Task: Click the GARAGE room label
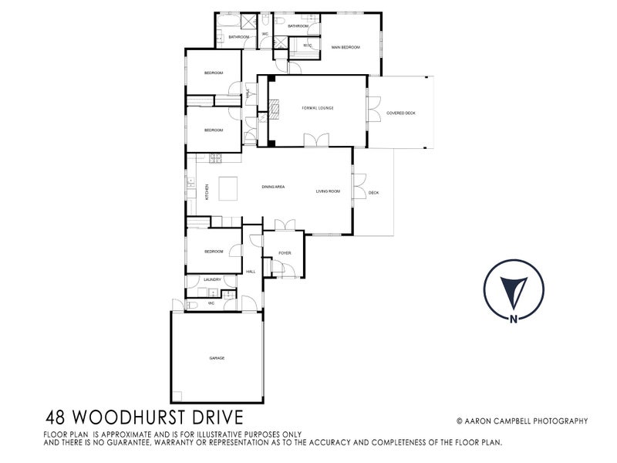[216, 358]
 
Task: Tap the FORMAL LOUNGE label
[317, 109]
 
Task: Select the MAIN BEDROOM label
[346, 48]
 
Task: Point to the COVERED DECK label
[401, 113]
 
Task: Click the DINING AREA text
[274, 188]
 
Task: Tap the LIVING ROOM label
[328, 191]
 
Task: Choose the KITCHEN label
[207, 191]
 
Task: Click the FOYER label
[285, 252]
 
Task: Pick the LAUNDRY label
[212, 279]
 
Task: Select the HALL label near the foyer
[250, 272]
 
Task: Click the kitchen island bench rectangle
[229, 188]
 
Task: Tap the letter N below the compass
[512, 318]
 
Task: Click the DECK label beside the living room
[373, 193]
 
